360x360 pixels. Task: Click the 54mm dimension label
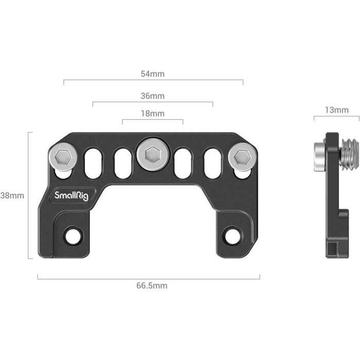153,74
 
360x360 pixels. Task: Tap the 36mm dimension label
153,96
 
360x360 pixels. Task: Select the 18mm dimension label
153,114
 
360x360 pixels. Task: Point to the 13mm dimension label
337,110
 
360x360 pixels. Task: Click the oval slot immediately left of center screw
122,164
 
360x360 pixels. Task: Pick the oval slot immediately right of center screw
183,164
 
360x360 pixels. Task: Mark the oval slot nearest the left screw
93,164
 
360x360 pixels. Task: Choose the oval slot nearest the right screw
212,164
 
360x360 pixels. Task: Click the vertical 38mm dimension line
29,195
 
